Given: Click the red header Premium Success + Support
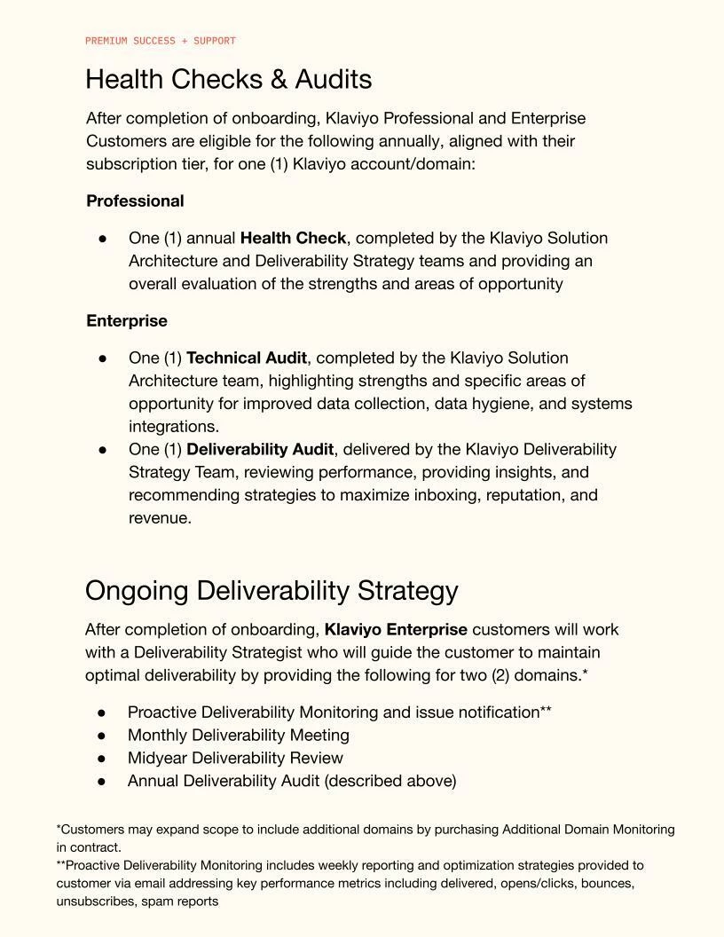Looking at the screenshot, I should [x=161, y=41].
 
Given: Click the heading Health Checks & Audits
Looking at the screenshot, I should [x=228, y=80].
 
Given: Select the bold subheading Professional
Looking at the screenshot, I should [x=135, y=201].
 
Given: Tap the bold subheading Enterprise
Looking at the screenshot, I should [x=127, y=321].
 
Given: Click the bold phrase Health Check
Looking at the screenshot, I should [x=294, y=239].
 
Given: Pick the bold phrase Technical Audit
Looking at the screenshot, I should [x=247, y=358].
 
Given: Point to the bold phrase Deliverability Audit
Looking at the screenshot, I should [x=260, y=450].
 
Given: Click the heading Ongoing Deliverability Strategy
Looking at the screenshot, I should [x=271, y=591].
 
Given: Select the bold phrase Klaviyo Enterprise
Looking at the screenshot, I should [x=396, y=630].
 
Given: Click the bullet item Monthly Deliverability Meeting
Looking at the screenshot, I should [x=239, y=736].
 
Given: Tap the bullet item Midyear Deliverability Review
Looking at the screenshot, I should [x=235, y=759].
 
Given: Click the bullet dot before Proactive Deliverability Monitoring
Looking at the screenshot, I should [x=102, y=713].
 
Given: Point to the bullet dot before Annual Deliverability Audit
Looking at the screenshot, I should [x=102, y=782].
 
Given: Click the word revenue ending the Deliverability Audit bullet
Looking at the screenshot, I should [x=159, y=519].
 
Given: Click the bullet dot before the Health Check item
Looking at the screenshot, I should [x=103, y=239].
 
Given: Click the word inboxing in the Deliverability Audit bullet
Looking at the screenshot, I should [x=442, y=495].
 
